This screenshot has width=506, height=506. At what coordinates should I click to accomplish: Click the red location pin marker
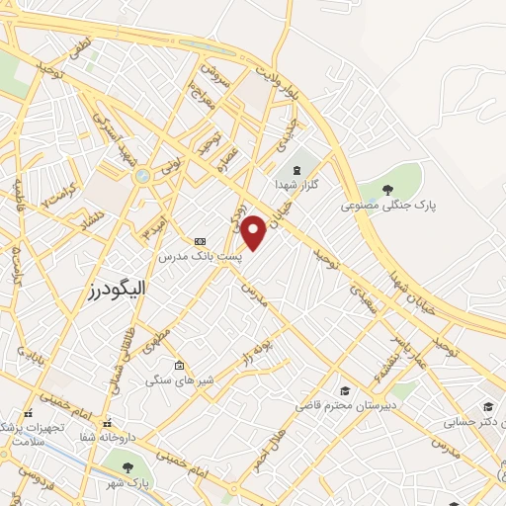point(254,232)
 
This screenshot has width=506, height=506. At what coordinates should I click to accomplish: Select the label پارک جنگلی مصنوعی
point(388,206)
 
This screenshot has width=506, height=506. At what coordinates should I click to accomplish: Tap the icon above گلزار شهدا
point(297,167)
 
